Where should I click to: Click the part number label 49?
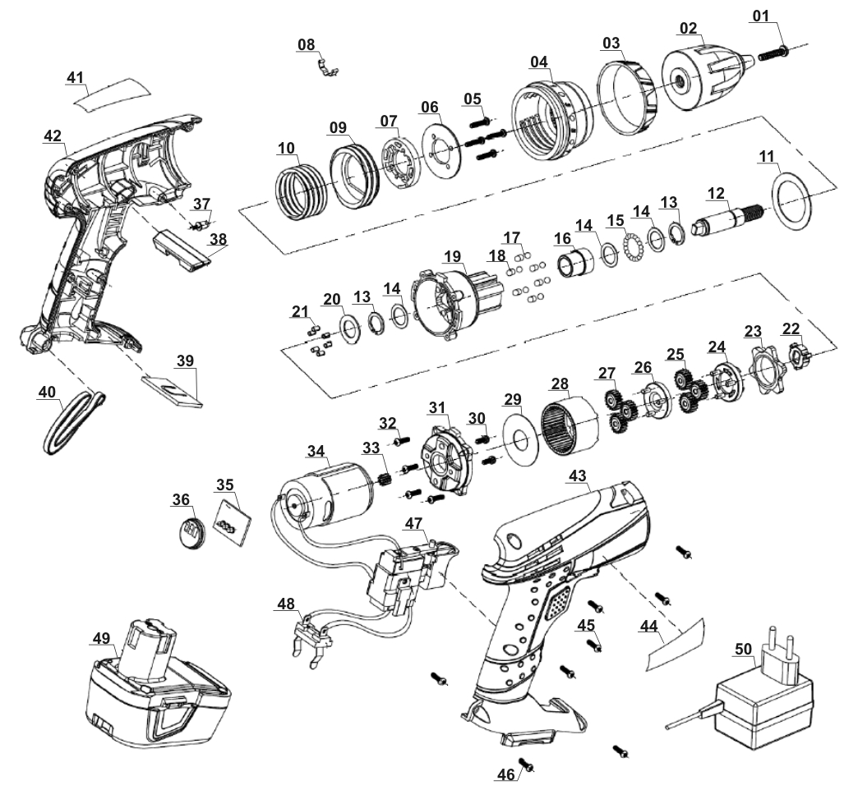point(101,638)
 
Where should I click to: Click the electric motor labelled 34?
point(321,493)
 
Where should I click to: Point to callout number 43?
point(577,476)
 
